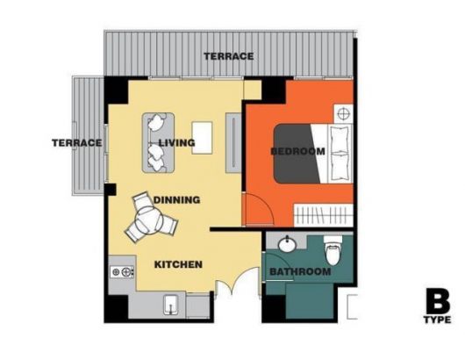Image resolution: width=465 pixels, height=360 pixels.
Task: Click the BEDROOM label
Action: point(298,151)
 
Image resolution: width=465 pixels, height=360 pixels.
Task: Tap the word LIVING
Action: point(177,143)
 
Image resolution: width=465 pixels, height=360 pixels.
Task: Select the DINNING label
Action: point(176,200)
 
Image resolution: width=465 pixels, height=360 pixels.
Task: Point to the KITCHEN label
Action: point(178,264)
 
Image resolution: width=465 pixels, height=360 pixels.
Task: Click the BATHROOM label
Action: point(300,271)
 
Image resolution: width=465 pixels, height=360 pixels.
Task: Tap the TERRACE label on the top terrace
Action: point(229,56)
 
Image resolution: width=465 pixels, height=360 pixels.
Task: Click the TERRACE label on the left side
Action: point(77,143)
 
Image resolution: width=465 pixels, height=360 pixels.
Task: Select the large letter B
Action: point(438,301)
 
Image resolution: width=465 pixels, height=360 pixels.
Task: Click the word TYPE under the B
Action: point(438,320)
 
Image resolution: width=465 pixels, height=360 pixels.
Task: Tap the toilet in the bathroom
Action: point(333,250)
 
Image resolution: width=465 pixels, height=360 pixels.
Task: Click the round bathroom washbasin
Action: point(287,245)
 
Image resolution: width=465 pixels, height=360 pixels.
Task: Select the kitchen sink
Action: point(171,305)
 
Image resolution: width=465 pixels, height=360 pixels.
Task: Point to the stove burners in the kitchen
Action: point(122,272)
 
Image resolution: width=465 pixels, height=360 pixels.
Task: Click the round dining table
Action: point(149,220)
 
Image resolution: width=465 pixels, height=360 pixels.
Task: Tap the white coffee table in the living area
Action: point(203,138)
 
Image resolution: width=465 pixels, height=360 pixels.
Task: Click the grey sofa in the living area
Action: point(158,142)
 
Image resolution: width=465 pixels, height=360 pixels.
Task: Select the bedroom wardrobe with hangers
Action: point(323,215)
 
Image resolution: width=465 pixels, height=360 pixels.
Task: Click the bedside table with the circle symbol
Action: point(344,113)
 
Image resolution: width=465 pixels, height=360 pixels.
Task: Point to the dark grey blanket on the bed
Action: point(297,154)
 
